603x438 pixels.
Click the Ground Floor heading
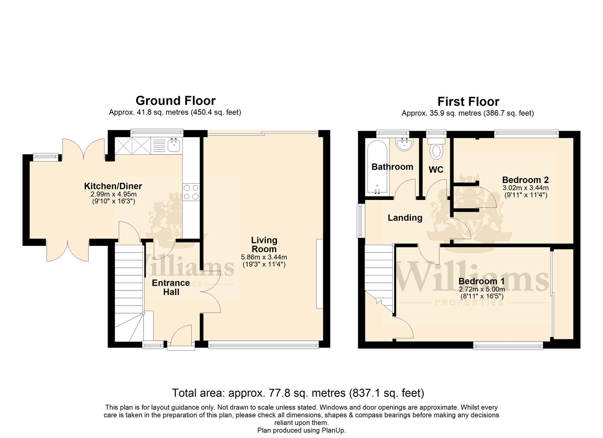tap(175, 101)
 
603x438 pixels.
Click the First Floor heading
tap(468, 101)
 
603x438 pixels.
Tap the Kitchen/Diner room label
tap(113, 187)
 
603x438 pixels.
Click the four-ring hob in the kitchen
tap(191, 192)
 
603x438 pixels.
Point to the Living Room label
tap(264, 245)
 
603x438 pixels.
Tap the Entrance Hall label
tap(171, 287)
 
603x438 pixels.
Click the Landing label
tap(405, 218)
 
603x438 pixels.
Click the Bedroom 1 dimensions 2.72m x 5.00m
tap(482, 290)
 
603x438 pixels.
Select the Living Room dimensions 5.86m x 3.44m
tap(264, 257)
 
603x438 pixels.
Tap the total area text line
tap(298, 393)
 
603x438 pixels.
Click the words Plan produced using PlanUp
tap(301, 430)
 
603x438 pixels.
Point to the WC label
tap(436, 170)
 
